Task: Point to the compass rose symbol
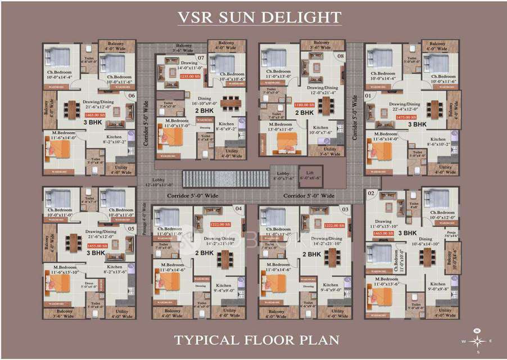pyautogui.click(x=477, y=340)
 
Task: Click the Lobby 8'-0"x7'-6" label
pyautogui.click(x=282, y=175)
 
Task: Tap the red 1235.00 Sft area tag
pyautogui.click(x=174, y=75)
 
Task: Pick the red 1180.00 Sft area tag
pyautogui.click(x=304, y=105)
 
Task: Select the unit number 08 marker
pyautogui.click(x=341, y=56)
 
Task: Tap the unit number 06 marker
pyautogui.click(x=132, y=96)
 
